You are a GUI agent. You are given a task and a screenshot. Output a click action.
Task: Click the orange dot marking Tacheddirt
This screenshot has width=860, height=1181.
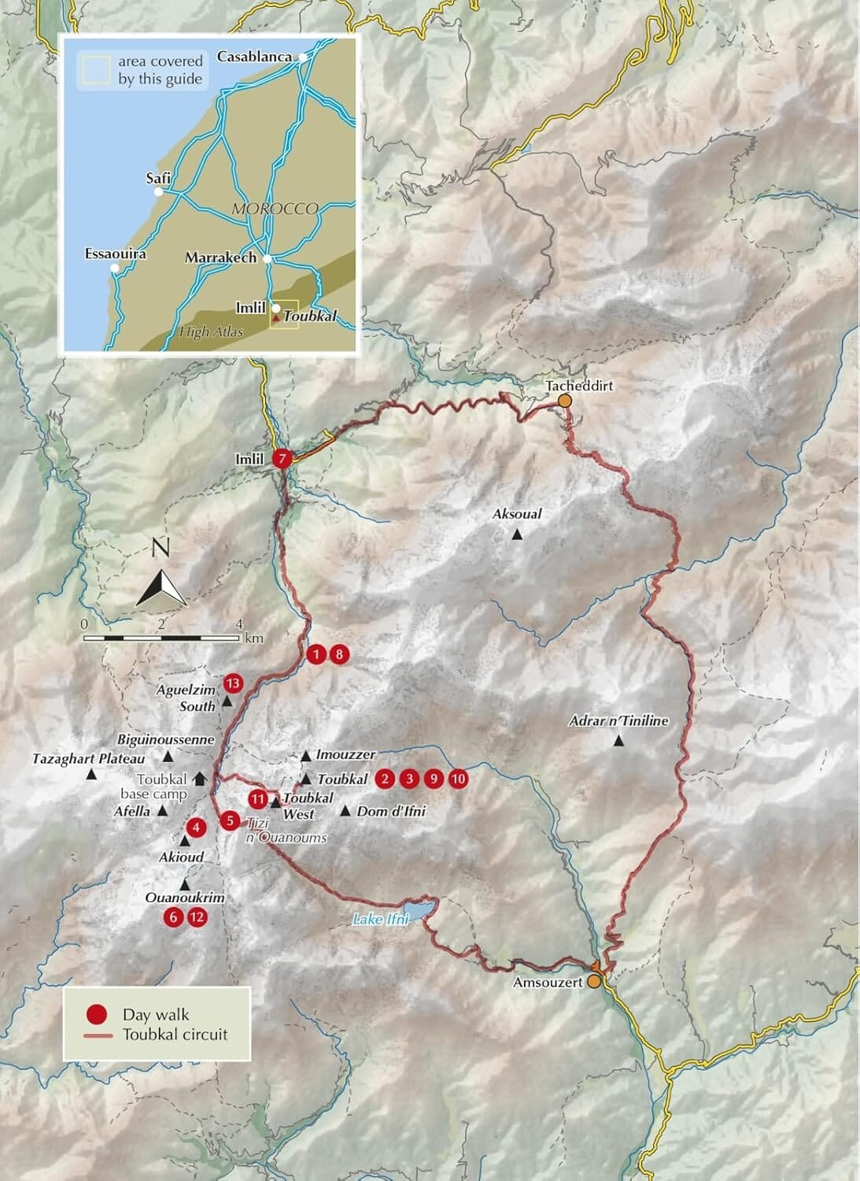(564, 401)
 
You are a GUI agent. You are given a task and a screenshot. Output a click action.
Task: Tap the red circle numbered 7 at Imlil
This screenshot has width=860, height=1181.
(282, 458)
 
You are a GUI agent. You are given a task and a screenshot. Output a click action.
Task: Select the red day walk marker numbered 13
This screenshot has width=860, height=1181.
(233, 683)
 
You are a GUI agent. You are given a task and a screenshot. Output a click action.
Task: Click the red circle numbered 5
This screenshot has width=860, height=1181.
(229, 820)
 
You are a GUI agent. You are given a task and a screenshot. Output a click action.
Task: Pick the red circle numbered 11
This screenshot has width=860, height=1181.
(258, 799)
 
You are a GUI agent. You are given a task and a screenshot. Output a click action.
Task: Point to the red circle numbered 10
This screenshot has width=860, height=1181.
(459, 779)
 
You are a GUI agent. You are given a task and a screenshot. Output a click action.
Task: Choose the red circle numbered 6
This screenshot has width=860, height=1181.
(173, 916)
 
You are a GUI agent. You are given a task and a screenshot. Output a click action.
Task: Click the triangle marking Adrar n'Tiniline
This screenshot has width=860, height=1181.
(619, 741)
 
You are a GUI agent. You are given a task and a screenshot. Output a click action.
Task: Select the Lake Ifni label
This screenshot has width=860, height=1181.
(381, 919)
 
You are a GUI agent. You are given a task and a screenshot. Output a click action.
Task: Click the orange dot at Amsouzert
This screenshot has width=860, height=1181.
(595, 981)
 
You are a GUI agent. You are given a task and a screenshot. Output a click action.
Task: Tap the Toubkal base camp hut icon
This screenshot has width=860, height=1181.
(199, 778)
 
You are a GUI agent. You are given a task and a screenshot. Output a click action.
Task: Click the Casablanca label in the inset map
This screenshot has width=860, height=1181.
(254, 57)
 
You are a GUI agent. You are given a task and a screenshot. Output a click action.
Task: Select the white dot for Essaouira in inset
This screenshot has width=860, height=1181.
(116, 268)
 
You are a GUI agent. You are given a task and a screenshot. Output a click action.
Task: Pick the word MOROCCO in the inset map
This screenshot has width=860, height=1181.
(275, 209)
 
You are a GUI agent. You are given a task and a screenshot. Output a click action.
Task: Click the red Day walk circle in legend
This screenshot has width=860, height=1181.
(98, 1015)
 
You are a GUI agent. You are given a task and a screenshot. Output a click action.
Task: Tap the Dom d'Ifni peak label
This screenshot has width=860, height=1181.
(391, 811)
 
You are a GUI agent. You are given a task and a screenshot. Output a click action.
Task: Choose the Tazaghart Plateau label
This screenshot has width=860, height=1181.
(89, 759)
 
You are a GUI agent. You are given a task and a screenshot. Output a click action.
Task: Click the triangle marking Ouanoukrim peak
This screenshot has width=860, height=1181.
(185, 883)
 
